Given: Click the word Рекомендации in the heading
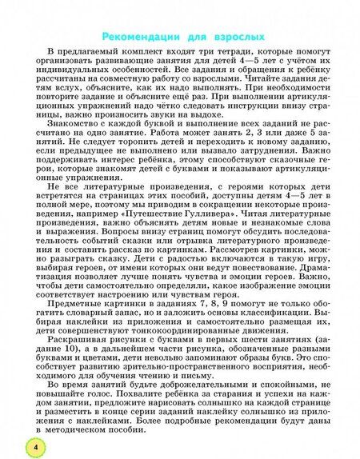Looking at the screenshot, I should (142, 38).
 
